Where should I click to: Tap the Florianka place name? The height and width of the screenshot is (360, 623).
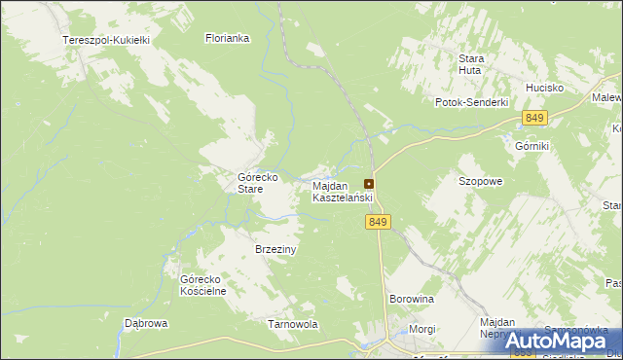228,39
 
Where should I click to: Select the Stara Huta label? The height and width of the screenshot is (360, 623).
472,64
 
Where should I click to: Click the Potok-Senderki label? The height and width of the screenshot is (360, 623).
472,102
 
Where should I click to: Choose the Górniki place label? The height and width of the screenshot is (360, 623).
532,146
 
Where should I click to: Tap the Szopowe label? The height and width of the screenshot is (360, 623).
480,181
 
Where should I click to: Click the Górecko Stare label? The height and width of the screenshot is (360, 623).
259,183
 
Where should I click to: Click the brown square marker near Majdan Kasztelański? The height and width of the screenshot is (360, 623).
369,184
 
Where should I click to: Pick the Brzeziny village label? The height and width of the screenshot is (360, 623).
275,249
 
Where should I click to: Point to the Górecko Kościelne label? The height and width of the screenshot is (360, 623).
203,285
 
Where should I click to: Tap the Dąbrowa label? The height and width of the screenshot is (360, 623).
147,323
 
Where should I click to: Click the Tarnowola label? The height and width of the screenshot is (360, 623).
293,324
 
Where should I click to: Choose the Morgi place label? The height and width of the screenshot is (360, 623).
421,329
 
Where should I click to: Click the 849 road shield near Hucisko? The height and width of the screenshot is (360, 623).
533,118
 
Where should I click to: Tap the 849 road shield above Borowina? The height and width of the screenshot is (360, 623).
380,223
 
